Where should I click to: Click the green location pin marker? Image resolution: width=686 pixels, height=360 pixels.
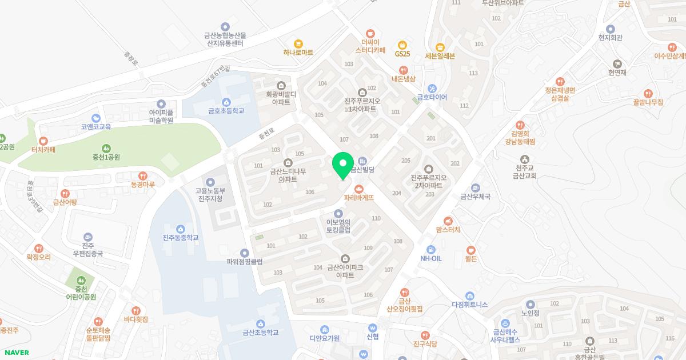343,165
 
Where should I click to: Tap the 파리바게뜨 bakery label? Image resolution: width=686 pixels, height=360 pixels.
359,197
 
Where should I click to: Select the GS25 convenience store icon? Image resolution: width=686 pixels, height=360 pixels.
402,45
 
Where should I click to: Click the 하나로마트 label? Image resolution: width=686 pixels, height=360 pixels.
298,52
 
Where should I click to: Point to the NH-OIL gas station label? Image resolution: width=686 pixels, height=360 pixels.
431,258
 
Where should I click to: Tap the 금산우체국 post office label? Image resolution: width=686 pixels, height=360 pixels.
476,197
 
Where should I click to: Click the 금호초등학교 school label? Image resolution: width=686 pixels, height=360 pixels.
226,110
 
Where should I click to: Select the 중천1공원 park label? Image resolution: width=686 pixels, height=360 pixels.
106,157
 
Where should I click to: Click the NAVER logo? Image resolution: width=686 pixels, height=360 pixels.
17,353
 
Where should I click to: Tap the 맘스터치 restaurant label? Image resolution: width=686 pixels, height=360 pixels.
448,230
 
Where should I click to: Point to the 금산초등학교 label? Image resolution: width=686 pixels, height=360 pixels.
261,332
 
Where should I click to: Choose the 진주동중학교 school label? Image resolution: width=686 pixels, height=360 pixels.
181,237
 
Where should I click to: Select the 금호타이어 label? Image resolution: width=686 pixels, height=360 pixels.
432,97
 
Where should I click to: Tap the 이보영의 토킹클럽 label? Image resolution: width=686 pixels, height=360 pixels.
338,226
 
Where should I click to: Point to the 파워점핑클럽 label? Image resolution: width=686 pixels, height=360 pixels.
245,262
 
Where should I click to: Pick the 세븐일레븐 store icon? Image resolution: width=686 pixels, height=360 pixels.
440,47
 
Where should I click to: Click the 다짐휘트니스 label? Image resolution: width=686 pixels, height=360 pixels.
469,305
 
